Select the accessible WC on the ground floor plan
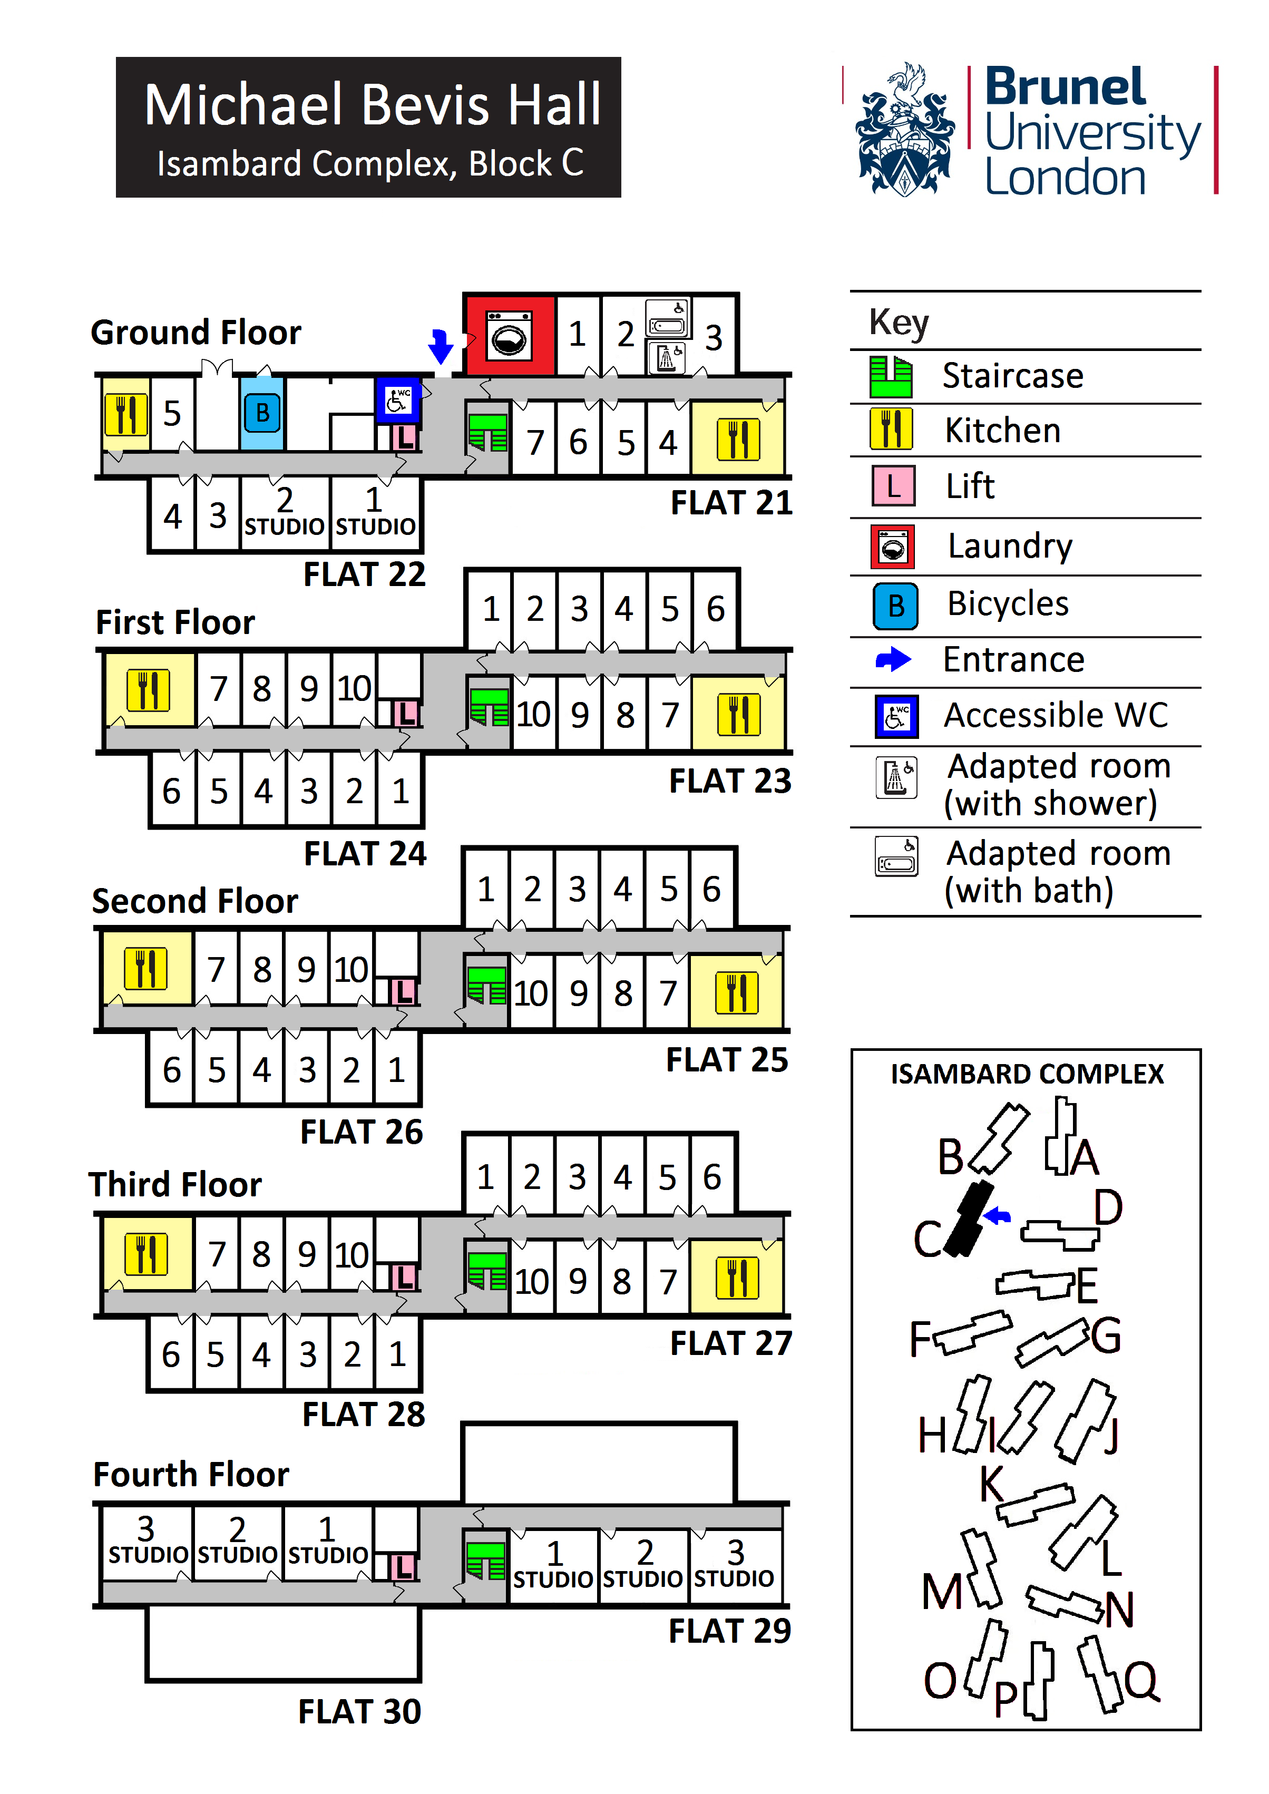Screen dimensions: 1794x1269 398,399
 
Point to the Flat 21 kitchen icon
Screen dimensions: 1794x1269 738,439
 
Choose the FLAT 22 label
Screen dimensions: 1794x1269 364,575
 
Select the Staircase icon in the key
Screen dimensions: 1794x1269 891,377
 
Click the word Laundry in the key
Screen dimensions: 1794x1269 1010,546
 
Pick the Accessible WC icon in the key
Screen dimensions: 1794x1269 895,716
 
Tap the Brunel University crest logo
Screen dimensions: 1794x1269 905,131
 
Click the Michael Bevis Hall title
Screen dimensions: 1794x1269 372,105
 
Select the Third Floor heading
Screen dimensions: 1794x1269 175,1185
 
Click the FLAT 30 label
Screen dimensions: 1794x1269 359,1712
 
